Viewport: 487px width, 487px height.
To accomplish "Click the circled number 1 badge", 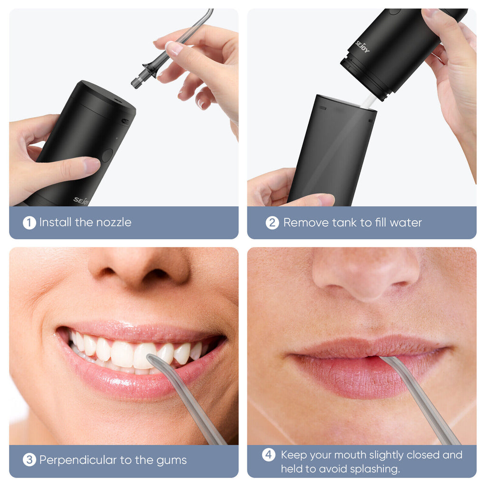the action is pyautogui.click(x=29, y=223).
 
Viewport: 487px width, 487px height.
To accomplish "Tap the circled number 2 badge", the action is pyautogui.click(x=272, y=223).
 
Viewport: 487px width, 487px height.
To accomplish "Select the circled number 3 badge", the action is pyautogui.click(x=29, y=460).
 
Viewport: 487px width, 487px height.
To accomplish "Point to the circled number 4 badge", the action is pyautogui.click(x=268, y=455).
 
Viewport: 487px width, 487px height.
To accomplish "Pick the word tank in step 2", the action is pyautogui.click(x=344, y=223).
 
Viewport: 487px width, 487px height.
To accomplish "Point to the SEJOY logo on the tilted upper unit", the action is pyautogui.click(x=362, y=47).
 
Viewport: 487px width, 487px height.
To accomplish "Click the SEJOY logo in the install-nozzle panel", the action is pyautogui.click(x=81, y=201).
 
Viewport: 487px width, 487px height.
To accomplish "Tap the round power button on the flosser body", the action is pyautogui.click(x=107, y=156).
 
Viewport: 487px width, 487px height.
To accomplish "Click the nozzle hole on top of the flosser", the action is pyautogui.click(x=117, y=100).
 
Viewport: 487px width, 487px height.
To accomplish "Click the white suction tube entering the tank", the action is pyautogui.click(x=369, y=102).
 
